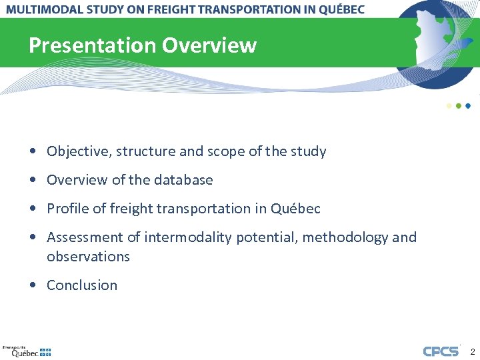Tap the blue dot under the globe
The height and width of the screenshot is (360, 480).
click(468, 106)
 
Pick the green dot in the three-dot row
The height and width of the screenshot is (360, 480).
click(459, 106)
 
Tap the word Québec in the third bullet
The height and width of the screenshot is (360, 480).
click(295, 209)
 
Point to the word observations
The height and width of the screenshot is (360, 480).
click(88, 257)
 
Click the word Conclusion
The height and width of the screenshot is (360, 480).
click(82, 285)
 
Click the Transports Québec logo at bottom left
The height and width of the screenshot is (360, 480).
click(27, 351)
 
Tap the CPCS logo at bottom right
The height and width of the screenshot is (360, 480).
click(441, 351)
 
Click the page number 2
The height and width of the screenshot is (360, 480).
click(472, 351)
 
